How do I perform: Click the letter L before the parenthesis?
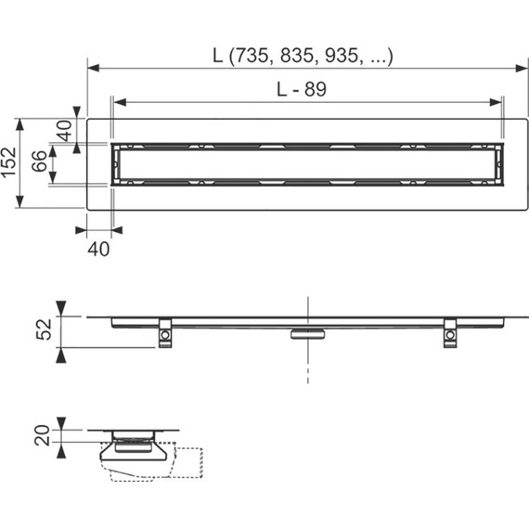[x=218, y=56]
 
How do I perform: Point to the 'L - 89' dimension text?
[x=302, y=89]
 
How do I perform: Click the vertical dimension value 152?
[x=8, y=162]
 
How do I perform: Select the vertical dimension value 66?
[x=40, y=161]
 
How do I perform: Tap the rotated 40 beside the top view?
[x=64, y=131]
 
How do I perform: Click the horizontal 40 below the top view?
[x=98, y=249]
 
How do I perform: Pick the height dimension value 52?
[x=45, y=329]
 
